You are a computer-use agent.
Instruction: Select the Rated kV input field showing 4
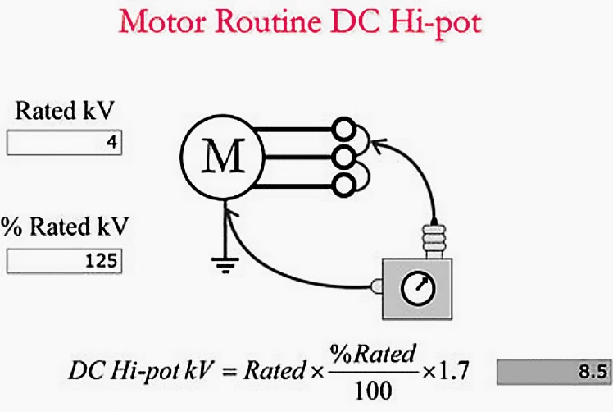pyautogui.click(x=65, y=143)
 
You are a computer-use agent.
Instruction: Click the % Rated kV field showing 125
pyautogui.click(x=65, y=261)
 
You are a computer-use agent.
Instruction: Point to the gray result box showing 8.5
pyautogui.click(x=553, y=372)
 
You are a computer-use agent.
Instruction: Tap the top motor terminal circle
pyautogui.click(x=343, y=129)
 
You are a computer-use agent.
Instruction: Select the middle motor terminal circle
pyautogui.click(x=343, y=158)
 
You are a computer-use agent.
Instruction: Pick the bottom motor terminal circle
pyautogui.click(x=343, y=185)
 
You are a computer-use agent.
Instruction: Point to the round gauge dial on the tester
pyautogui.click(x=418, y=288)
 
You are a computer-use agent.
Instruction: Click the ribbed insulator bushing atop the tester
pyautogui.click(x=434, y=240)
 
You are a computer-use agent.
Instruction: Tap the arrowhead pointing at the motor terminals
pyautogui.click(x=377, y=145)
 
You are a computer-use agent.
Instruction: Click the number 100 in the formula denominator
pyautogui.click(x=373, y=391)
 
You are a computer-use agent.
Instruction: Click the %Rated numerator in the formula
pyautogui.click(x=373, y=354)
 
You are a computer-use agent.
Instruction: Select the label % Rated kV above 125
pyautogui.click(x=65, y=227)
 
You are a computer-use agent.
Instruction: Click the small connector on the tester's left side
pyautogui.click(x=377, y=286)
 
